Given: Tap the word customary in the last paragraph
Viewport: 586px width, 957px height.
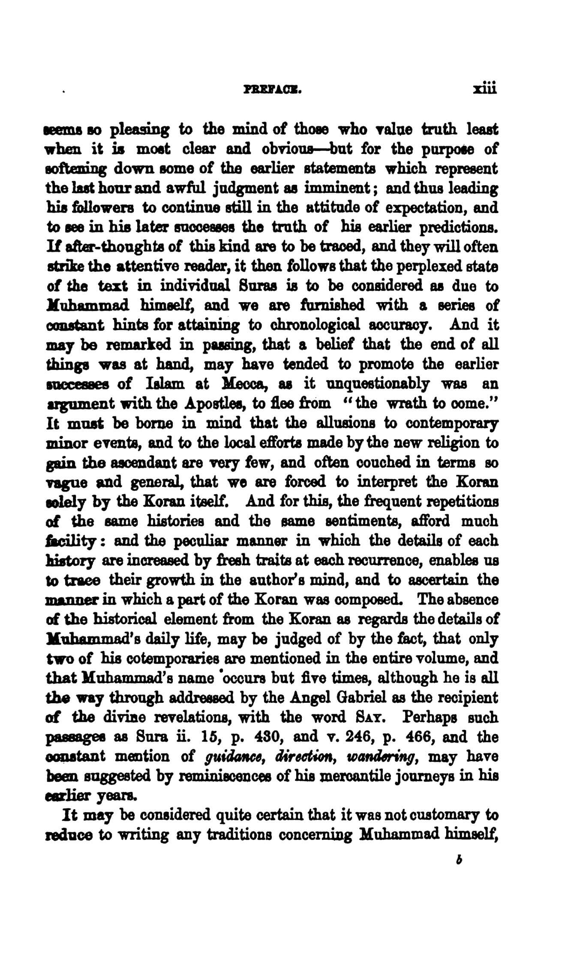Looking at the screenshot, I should tap(434, 816).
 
